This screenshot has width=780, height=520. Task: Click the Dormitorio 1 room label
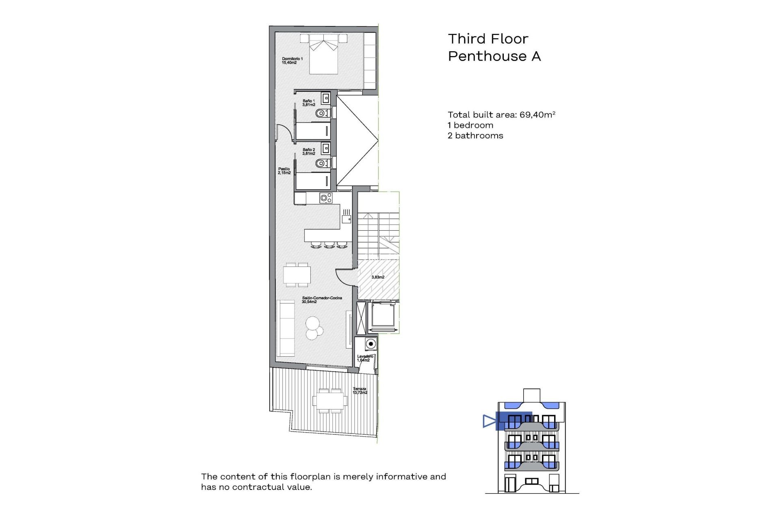292,61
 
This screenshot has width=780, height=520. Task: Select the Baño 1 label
309,103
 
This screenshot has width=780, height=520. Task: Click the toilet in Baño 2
322,163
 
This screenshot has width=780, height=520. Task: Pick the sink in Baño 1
325,98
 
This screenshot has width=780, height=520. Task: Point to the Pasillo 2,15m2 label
284,171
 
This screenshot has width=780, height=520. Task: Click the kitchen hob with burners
326,198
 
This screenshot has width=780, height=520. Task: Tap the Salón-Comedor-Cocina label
322,300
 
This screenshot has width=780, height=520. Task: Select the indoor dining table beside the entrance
297,275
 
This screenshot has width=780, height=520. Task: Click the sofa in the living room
286,328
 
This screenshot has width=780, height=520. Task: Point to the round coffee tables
314,328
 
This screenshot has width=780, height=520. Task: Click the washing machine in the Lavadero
370,344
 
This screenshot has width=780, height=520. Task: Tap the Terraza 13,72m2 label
360,391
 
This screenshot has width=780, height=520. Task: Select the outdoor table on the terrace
330,401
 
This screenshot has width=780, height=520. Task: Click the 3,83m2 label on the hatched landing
378,277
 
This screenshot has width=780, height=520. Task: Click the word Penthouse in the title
487,56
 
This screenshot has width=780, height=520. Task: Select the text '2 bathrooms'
475,136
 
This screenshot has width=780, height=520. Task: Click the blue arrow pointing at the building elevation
489,421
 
